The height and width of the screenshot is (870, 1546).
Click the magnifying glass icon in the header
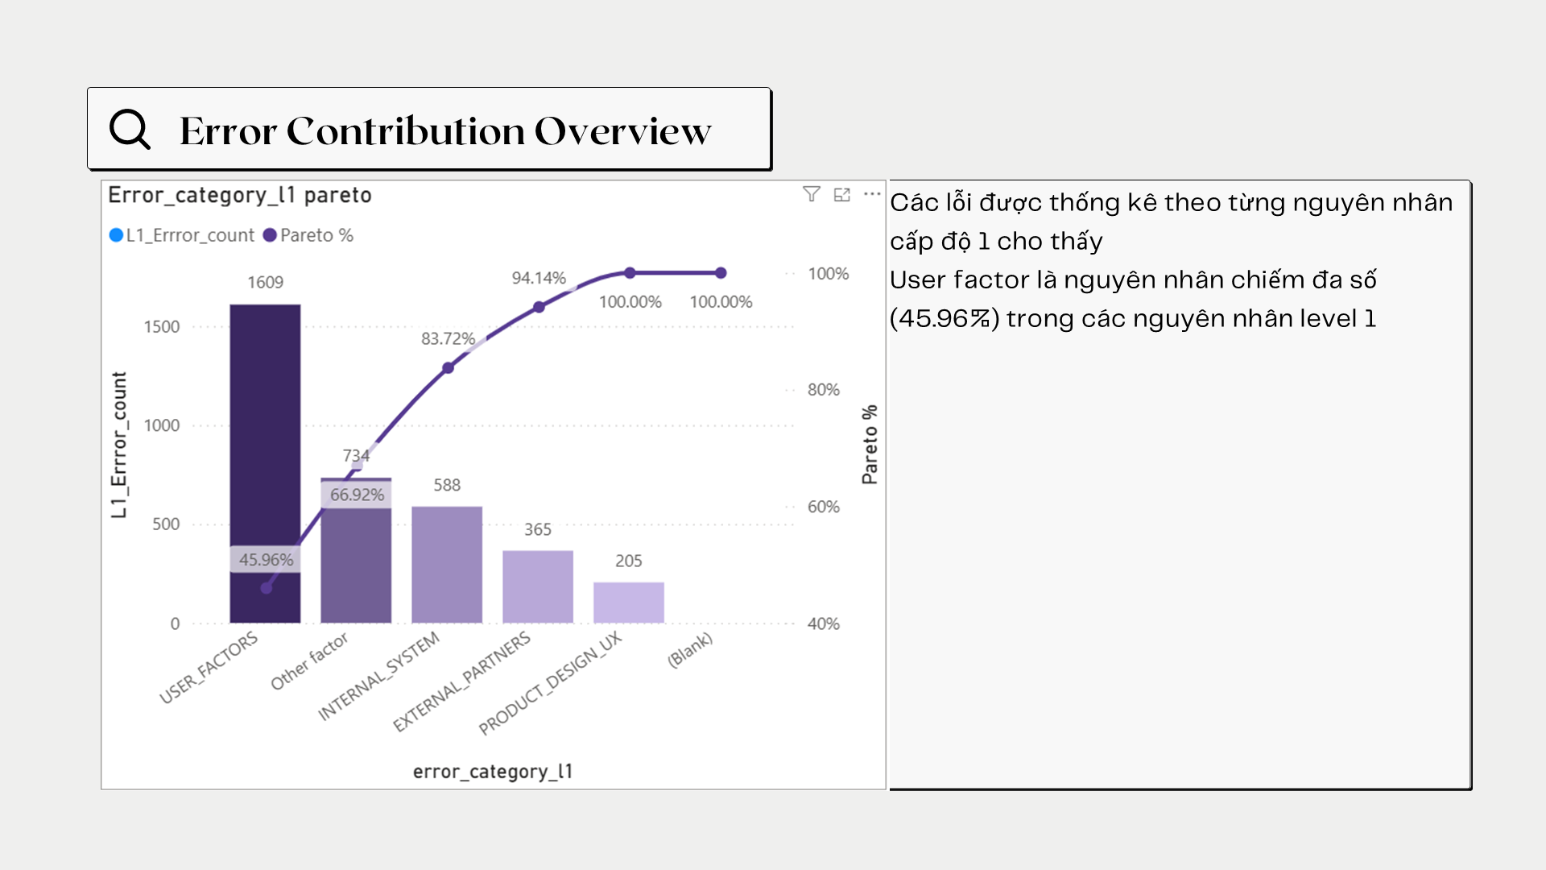pos(130,129)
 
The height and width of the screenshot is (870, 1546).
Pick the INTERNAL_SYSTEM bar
pos(447,564)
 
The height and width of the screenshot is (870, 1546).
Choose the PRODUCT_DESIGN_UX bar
pos(629,603)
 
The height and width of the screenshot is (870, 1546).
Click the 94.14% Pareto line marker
pos(539,307)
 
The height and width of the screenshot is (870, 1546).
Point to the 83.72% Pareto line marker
pos(449,368)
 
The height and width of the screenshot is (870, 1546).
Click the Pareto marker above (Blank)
pos(721,273)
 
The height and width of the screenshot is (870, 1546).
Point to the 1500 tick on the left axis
pos(162,327)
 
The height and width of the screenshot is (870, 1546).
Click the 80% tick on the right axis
pos(823,390)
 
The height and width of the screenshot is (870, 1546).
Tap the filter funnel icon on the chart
pos(812,194)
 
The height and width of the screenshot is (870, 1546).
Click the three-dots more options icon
pos(872,194)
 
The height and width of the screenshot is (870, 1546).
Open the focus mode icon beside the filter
pos(842,194)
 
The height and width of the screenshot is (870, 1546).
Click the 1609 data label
pos(265,282)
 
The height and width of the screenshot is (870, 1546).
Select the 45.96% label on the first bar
pos(266,560)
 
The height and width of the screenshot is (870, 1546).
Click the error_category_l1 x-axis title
pos(493,772)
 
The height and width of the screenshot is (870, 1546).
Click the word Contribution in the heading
pos(405,130)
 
